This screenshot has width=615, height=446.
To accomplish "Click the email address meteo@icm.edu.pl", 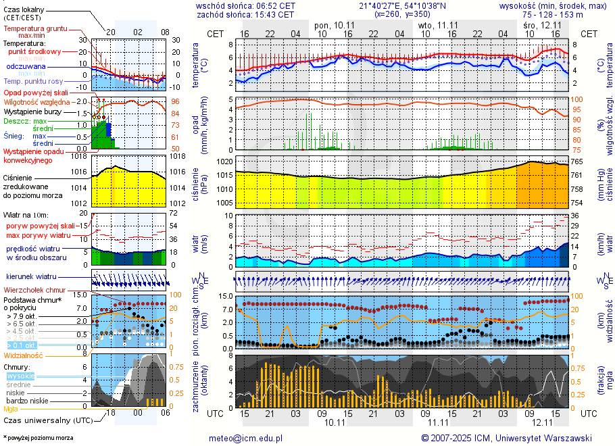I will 245,438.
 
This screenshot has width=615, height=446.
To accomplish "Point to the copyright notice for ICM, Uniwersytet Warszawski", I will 506,438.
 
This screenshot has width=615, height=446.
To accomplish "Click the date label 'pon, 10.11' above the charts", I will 335,24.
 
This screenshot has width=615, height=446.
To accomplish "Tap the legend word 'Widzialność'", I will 24,355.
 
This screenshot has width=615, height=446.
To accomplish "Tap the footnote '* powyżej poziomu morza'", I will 38,438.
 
